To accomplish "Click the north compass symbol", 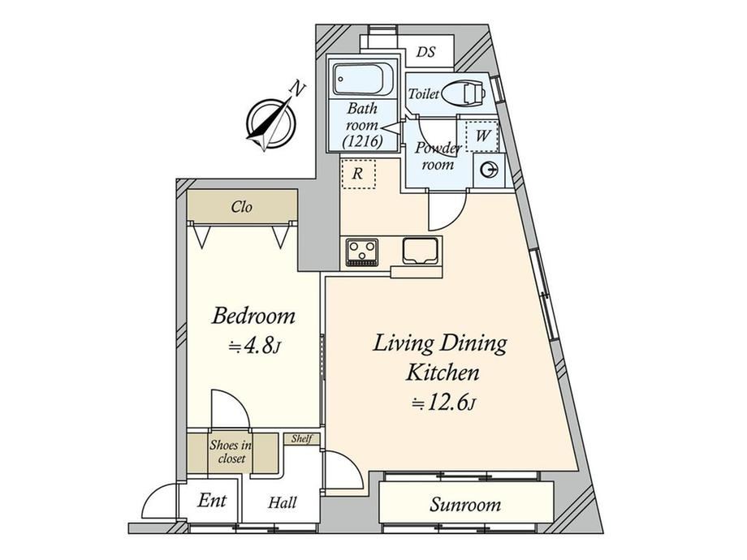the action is (271, 123).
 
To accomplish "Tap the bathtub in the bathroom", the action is (363, 80).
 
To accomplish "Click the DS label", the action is (426, 51).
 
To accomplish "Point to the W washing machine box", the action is (482, 136).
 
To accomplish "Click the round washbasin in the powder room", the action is (488, 170).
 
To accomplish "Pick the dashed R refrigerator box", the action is (358, 174).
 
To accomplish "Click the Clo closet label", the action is (241, 207).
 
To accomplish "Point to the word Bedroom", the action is (253, 317).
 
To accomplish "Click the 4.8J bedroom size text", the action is (254, 347).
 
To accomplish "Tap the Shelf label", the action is (301, 438).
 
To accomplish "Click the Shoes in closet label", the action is (231, 452).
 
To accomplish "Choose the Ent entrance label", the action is (212, 501).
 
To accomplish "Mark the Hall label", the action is (282, 502).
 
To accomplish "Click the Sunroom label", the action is (465, 504).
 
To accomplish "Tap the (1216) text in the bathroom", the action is (363, 141).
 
